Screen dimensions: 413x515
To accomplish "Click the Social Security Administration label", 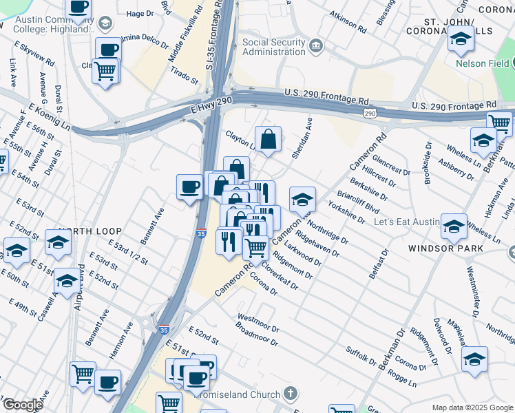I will tap(274, 47).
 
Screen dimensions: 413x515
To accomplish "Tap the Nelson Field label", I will tap(481, 64).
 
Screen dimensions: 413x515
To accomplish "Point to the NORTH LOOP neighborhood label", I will tap(90, 231).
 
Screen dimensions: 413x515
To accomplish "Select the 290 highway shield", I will tap(370, 112).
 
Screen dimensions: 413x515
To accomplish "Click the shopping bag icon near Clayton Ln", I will tap(269, 139).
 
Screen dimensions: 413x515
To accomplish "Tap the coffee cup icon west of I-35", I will tap(190, 187).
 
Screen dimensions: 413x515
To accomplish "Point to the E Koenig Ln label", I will tap(49, 118).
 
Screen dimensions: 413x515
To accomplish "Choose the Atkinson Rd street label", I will tap(348, 20).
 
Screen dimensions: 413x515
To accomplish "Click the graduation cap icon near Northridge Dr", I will tap(302, 200).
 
